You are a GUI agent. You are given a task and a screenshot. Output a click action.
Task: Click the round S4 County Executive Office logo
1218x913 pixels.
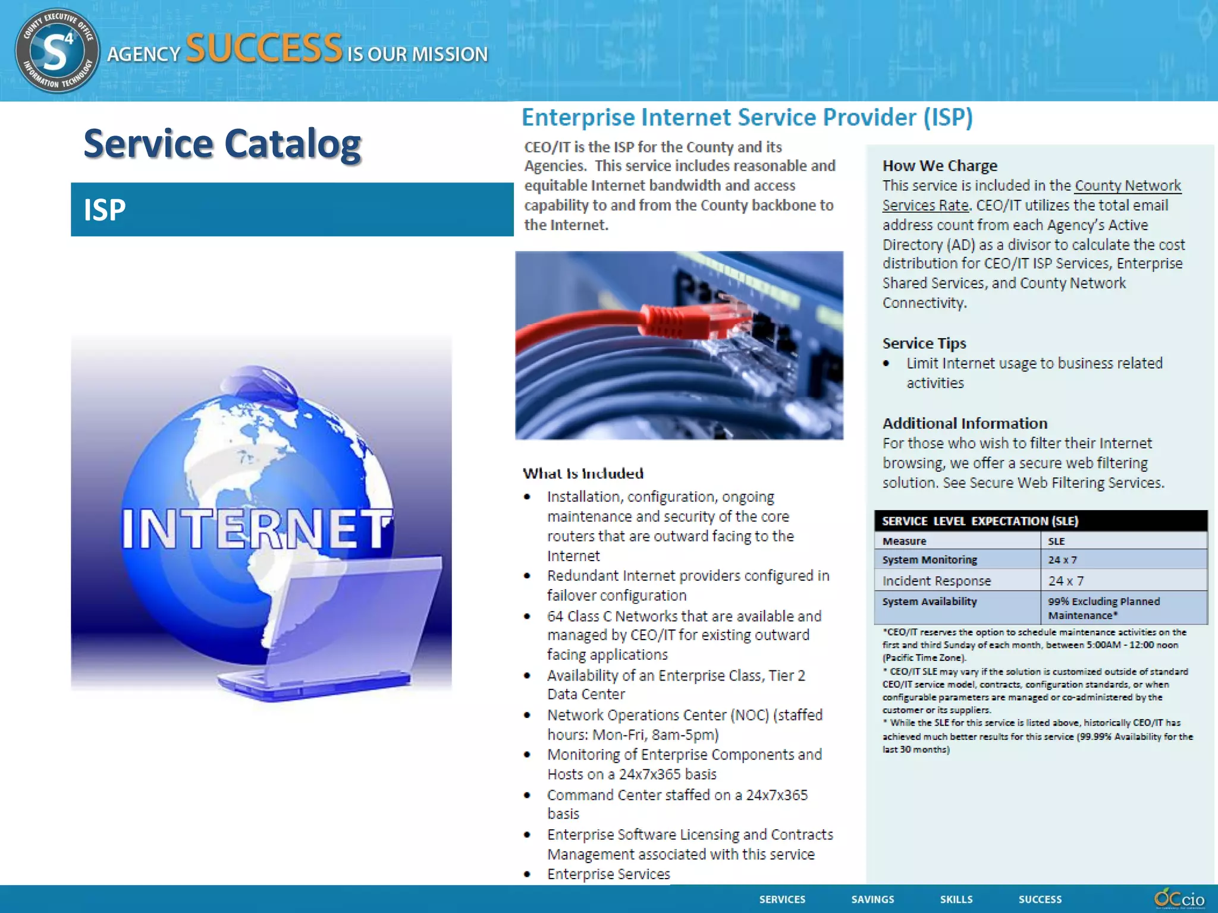(57, 51)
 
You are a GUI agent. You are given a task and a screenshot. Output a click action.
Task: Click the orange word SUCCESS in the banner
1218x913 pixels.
(264, 48)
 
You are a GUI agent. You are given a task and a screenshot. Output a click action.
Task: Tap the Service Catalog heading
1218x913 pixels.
(222, 144)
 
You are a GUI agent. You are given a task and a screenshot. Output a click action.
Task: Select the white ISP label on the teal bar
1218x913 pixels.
(105, 210)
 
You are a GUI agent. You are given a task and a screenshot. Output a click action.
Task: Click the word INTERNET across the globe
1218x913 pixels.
(257, 528)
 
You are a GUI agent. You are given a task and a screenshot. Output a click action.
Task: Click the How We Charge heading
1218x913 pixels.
(940, 166)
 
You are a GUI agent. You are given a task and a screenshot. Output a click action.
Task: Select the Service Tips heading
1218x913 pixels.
(924, 344)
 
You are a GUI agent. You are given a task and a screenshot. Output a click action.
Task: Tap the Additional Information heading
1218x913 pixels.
(965, 424)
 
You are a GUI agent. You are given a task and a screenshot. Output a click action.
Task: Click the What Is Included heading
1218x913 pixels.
(583, 474)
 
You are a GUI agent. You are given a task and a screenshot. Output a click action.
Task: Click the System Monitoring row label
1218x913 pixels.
(930, 560)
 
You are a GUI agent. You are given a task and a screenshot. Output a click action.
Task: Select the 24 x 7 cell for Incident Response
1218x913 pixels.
(1066, 581)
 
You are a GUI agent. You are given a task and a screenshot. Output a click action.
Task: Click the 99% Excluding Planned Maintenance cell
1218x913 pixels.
(1103, 608)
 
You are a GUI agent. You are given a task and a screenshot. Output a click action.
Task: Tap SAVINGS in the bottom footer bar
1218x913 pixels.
(872, 899)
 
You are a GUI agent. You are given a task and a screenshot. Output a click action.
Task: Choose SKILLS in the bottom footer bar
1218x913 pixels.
(956, 899)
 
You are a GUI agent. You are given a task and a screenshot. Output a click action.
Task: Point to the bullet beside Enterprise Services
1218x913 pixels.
(527, 874)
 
